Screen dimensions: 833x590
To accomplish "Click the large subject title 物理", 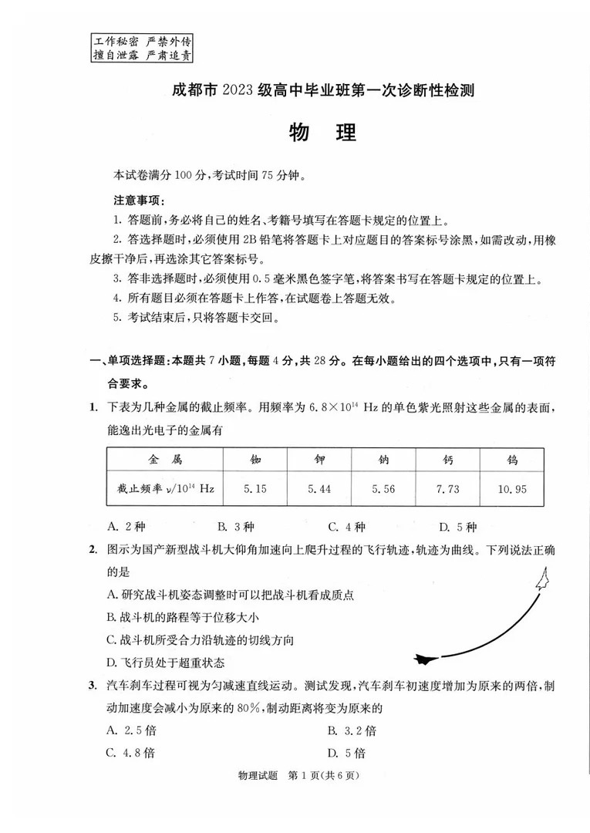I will pos(322,133).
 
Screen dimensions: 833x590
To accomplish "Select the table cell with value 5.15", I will pos(254,488).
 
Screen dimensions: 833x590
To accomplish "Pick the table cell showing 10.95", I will pos(510,488).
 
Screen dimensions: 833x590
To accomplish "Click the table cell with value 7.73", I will pos(447,488).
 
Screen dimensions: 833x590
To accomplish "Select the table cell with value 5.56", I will pos(383,488).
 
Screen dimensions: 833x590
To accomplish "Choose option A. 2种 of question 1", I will pos(126,528).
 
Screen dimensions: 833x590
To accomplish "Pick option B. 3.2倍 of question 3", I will pos(352,730).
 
